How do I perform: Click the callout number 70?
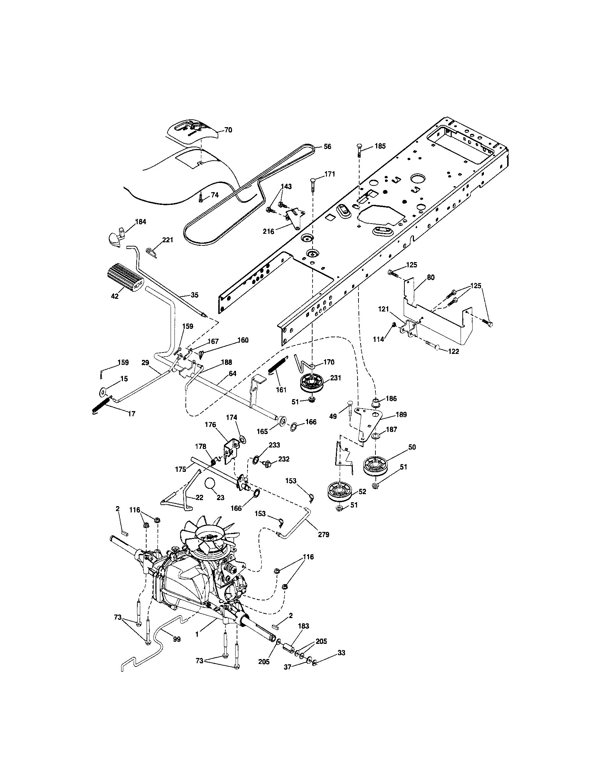pos(228,130)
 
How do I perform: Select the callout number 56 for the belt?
pos(327,147)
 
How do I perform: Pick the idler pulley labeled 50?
pos(377,467)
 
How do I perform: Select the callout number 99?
pos(177,639)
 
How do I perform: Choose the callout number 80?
pos(431,278)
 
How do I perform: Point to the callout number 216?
pos(268,232)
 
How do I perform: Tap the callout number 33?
pos(341,653)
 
